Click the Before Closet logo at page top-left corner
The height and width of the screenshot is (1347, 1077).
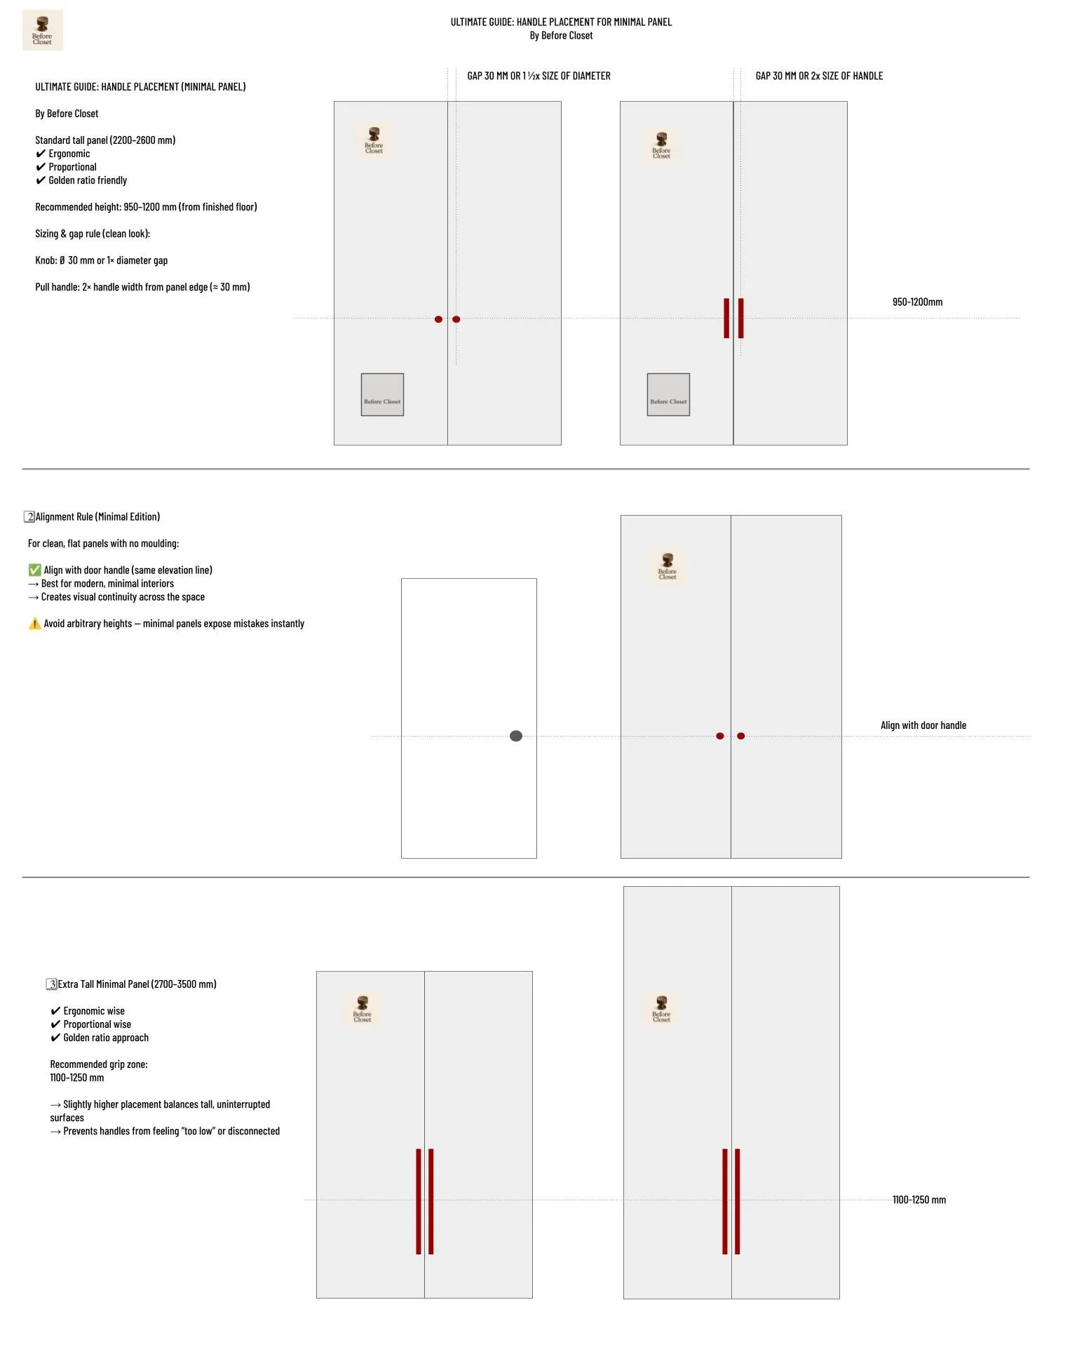(x=43, y=30)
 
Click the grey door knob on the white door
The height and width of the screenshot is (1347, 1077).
(x=516, y=736)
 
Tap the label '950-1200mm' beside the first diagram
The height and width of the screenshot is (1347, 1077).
(x=917, y=302)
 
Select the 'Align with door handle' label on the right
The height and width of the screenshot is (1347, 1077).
(x=923, y=725)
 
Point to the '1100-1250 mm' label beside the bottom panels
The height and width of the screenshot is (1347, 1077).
(x=919, y=1200)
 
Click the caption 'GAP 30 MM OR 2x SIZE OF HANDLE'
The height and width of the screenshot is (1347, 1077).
(x=819, y=76)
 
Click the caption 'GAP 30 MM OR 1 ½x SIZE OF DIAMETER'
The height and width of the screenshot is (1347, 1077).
(x=538, y=76)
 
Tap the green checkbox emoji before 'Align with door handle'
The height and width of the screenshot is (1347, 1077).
(x=34, y=570)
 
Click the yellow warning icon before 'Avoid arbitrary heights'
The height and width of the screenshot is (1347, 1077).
(x=34, y=624)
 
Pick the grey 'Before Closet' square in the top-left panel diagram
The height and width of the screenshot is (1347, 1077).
(x=382, y=395)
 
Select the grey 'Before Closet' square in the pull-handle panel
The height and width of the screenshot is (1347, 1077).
(x=668, y=395)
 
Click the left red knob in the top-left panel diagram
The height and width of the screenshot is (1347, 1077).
(x=438, y=319)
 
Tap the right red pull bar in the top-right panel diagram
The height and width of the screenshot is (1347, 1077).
(x=740, y=319)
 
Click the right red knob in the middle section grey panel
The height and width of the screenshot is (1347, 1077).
(x=741, y=736)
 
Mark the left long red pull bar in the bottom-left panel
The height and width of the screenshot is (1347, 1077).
(x=419, y=1201)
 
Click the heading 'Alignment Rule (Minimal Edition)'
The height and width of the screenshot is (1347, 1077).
(x=97, y=517)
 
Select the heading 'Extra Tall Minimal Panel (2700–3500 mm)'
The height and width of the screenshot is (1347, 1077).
(x=137, y=984)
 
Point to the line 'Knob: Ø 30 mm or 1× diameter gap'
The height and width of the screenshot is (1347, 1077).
(x=102, y=260)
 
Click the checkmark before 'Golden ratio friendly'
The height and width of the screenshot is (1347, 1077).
(x=41, y=180)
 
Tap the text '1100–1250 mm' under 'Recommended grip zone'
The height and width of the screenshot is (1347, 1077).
(x=76, y=1078)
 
